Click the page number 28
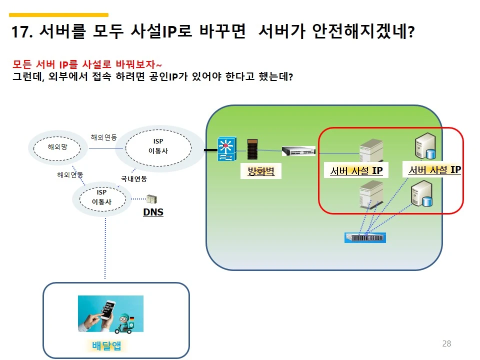pos(446,343)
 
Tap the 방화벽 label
pos(260,172)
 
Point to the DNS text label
pos(153,212)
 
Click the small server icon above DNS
pos(151,199)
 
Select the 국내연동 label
pos(133,178)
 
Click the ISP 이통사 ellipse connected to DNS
pos(101,197)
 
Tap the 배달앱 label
pos(107,345)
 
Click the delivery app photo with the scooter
pos(110,314)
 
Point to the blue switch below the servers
pos(365,237)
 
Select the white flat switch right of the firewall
pos(298,150)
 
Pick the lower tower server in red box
pos(370,195)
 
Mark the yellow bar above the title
pos(58,15)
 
